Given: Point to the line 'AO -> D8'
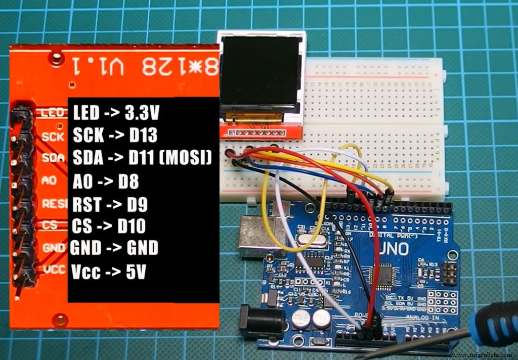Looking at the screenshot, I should [105, 182].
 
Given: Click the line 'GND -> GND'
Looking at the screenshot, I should [114, 248].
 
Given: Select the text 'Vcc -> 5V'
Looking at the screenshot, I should [109, 272].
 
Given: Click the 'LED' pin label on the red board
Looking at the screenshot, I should [52, 113].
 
